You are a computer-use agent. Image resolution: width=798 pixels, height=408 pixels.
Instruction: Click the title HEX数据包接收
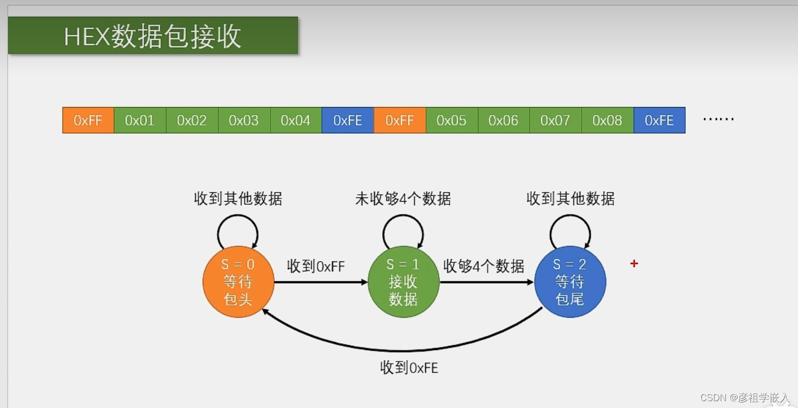click(152, 36)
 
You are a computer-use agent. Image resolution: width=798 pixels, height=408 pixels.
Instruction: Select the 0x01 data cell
click(140, 120)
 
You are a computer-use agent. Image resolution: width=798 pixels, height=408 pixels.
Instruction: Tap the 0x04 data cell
click(296, 120)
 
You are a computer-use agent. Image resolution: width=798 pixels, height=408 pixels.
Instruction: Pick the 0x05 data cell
click(451, 120)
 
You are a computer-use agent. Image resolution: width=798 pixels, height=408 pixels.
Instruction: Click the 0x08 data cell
click(607, 120)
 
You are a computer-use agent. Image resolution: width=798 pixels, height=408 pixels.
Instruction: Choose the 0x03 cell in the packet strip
click(244, 120)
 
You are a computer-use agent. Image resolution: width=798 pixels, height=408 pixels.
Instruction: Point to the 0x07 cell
click(555, 120)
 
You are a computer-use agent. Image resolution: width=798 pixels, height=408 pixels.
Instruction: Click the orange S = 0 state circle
click(238, 282)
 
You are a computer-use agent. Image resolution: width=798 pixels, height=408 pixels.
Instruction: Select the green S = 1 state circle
click(403, 282)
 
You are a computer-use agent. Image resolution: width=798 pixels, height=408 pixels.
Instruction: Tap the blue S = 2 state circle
click(570, 282)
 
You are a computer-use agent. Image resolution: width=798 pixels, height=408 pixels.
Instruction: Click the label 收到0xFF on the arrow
click(316, 266)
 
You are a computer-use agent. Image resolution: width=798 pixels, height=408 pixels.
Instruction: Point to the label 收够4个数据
click(484, 266)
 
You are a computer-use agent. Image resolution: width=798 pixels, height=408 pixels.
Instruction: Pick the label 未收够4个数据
click(403, 199)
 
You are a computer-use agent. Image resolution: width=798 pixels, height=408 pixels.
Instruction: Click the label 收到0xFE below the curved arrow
click(409, 368)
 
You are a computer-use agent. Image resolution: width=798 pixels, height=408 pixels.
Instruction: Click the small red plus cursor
click(634, 264)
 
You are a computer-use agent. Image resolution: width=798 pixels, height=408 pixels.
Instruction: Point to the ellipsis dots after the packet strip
click(718, 120)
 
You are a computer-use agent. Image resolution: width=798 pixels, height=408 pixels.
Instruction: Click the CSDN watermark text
click(744, 398)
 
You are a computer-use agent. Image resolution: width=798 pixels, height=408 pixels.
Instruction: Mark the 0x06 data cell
click(503, 120)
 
